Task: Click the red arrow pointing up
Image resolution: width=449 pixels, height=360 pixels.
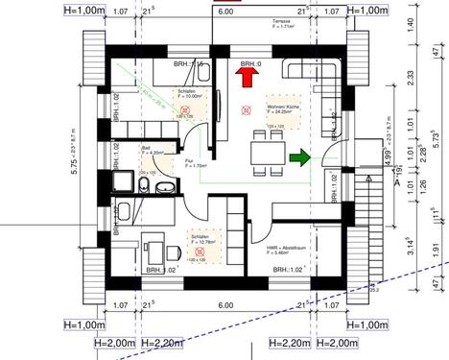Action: point(247,79)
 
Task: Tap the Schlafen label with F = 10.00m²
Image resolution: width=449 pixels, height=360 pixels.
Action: point(189,93)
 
